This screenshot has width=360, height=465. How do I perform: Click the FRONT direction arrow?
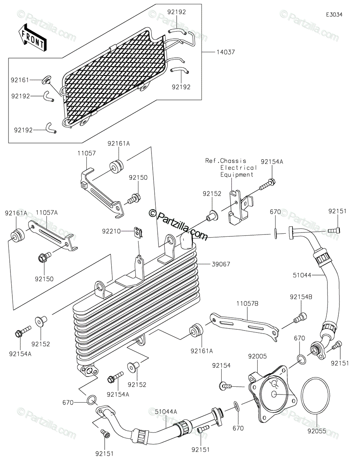coord(32,38)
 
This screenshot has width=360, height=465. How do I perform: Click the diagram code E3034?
coord(334,15)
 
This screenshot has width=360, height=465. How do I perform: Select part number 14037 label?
coord(226,52)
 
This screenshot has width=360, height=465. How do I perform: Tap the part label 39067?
coord(221,264)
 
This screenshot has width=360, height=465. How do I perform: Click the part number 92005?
coord(257,356)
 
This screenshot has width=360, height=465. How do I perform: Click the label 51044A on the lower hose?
coord(166,412)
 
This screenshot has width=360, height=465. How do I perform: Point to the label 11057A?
coord(47,212)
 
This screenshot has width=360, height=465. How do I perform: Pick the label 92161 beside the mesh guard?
coord(20,80)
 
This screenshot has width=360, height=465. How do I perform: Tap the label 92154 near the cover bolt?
coord(221,366)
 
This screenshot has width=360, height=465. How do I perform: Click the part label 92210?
coord(111,231)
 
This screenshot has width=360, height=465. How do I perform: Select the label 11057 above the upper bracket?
coord(87,153)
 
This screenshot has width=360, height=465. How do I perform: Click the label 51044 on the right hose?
coord(302,275)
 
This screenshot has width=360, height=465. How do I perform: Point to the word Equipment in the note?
coord(237,175)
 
